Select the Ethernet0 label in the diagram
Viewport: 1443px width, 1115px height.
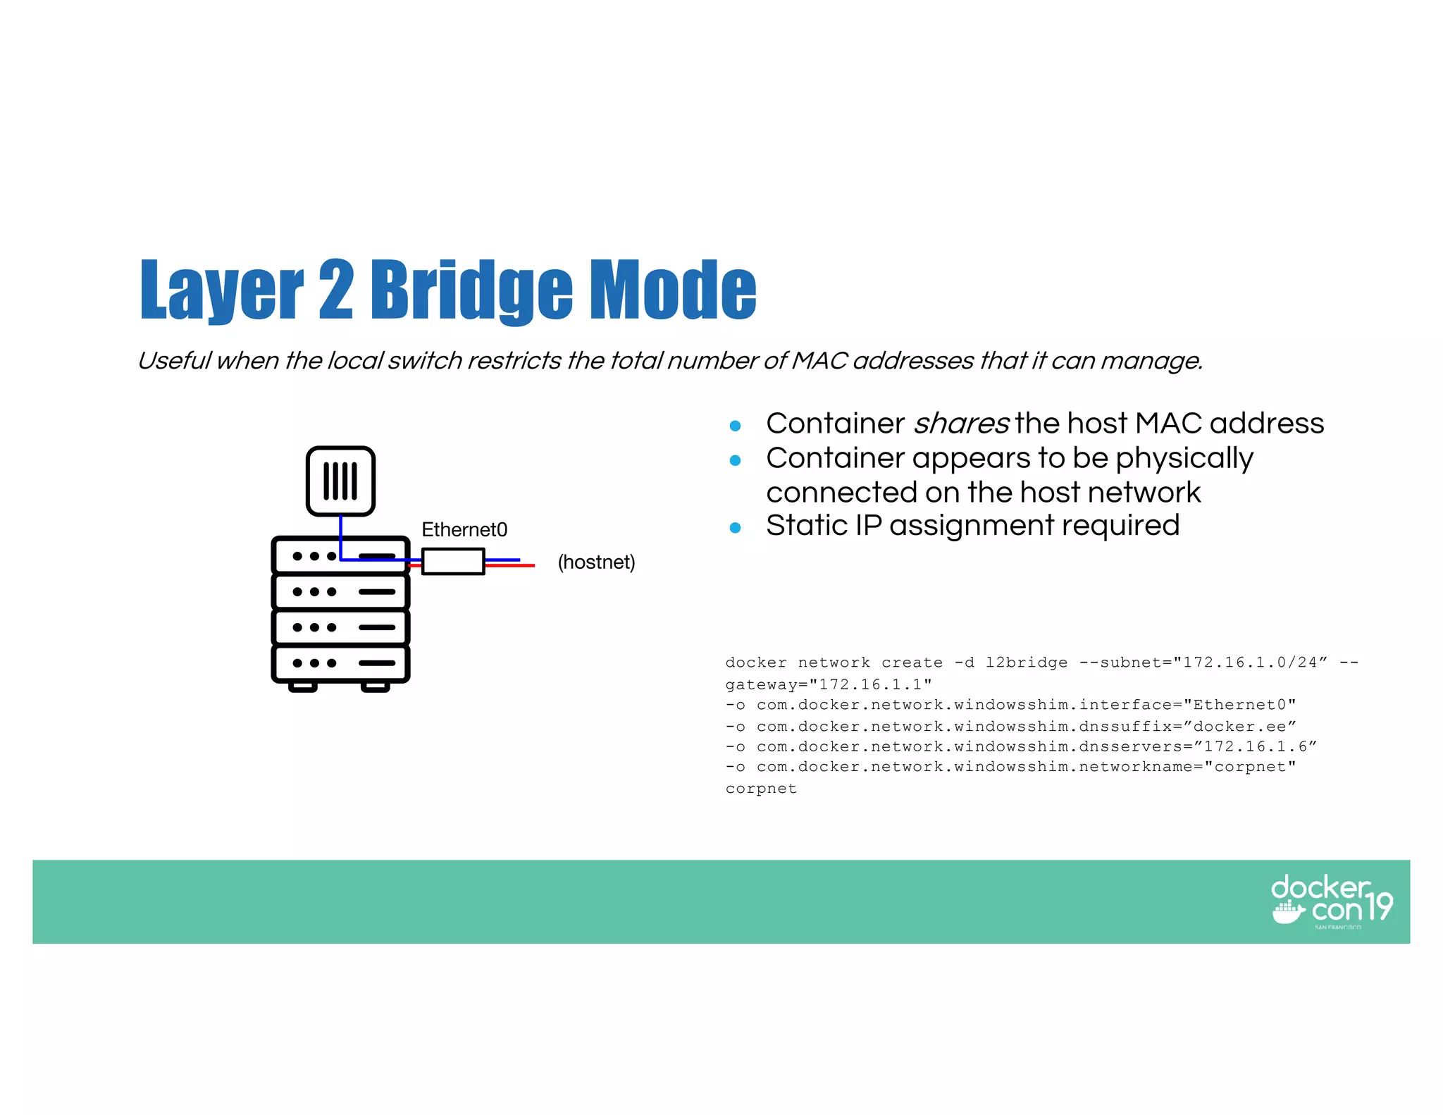click(x=464, y=529)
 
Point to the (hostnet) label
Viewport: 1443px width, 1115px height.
click(x=596, y=562)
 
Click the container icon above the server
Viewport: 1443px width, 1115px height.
click(x=340, y=481)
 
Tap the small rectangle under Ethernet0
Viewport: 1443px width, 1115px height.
click(x=453, y=562)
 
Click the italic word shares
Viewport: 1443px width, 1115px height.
click(x=961, y=424)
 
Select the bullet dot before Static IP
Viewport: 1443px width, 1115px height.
click(x=735, y=528)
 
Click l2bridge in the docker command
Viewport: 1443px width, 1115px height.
click(x=1026, y=663)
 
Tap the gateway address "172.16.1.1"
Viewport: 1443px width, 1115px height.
click(x=871, y=684)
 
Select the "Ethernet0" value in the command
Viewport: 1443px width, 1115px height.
click(x=1239, y=705)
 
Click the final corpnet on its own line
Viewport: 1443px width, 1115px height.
click(x=761, y=789)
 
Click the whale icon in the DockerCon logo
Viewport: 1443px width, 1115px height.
click(x=1288, y=912)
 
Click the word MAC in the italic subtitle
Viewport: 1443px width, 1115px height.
click(x=819, y=361)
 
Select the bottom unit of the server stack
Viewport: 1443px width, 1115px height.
click(x=340, y=663)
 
